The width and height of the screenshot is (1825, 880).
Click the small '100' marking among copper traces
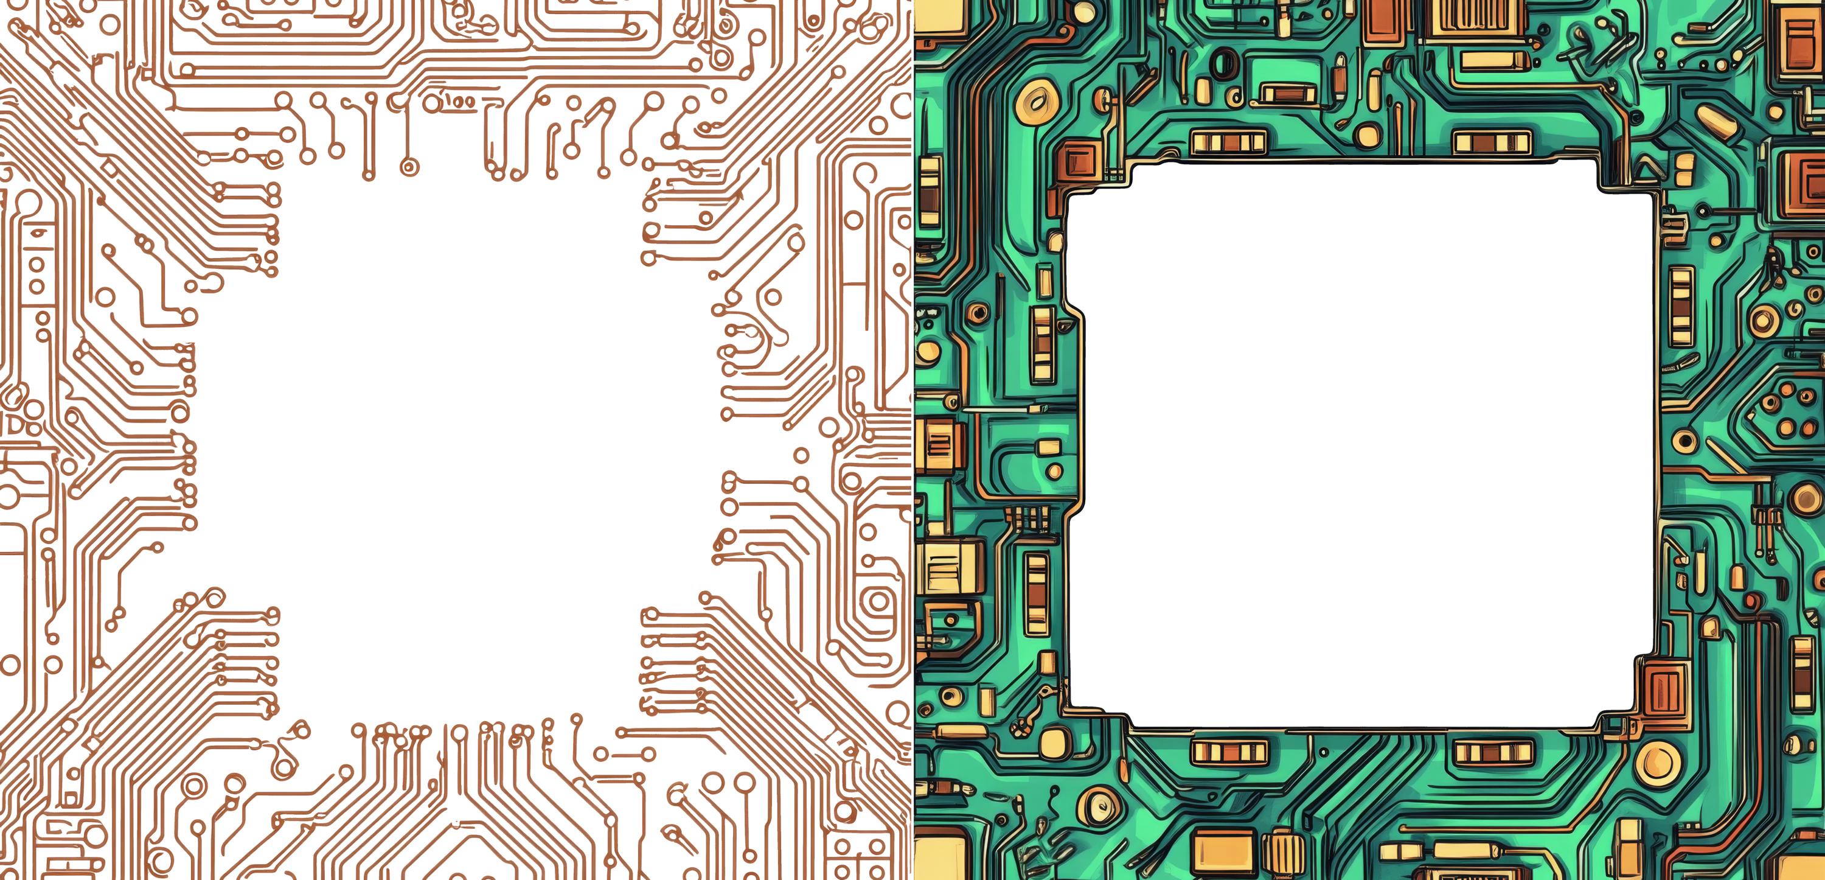(x=461, y=103)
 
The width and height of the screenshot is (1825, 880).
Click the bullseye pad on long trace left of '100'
(x=408, y=167)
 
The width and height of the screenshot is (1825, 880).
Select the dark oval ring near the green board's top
(x=1224, y=65)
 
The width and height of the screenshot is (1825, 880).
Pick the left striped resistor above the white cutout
(x=1228, y=142)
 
